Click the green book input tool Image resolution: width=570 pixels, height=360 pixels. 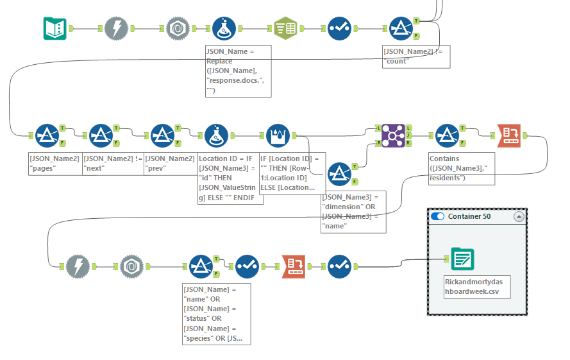coord(55,28)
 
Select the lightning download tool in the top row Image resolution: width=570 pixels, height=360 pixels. coord(115,28)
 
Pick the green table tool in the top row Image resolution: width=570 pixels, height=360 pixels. coord(284,28)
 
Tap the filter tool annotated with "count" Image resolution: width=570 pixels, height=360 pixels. coord(401,28)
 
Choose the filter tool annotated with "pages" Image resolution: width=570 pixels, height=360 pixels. coord(46,135)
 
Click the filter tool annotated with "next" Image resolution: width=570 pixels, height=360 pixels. coord(101,135)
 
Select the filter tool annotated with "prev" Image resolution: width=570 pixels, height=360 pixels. coord(162,135)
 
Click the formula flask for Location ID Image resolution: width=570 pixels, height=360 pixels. coord(216,135)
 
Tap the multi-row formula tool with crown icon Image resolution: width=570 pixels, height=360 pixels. coord(278,135)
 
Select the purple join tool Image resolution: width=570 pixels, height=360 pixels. coord(393,135)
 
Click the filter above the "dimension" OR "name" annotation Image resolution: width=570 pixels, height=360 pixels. coord(339,174)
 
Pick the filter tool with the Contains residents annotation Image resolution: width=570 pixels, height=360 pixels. coord(447,135)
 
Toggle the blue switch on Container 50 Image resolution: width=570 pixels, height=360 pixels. coord(438,217)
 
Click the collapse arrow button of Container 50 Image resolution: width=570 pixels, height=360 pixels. coord(518,217)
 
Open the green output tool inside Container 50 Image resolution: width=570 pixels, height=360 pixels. coord(462,259)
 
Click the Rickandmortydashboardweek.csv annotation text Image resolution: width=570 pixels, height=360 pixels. coord(476,287)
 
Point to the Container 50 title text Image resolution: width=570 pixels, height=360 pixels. coord(469,217)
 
